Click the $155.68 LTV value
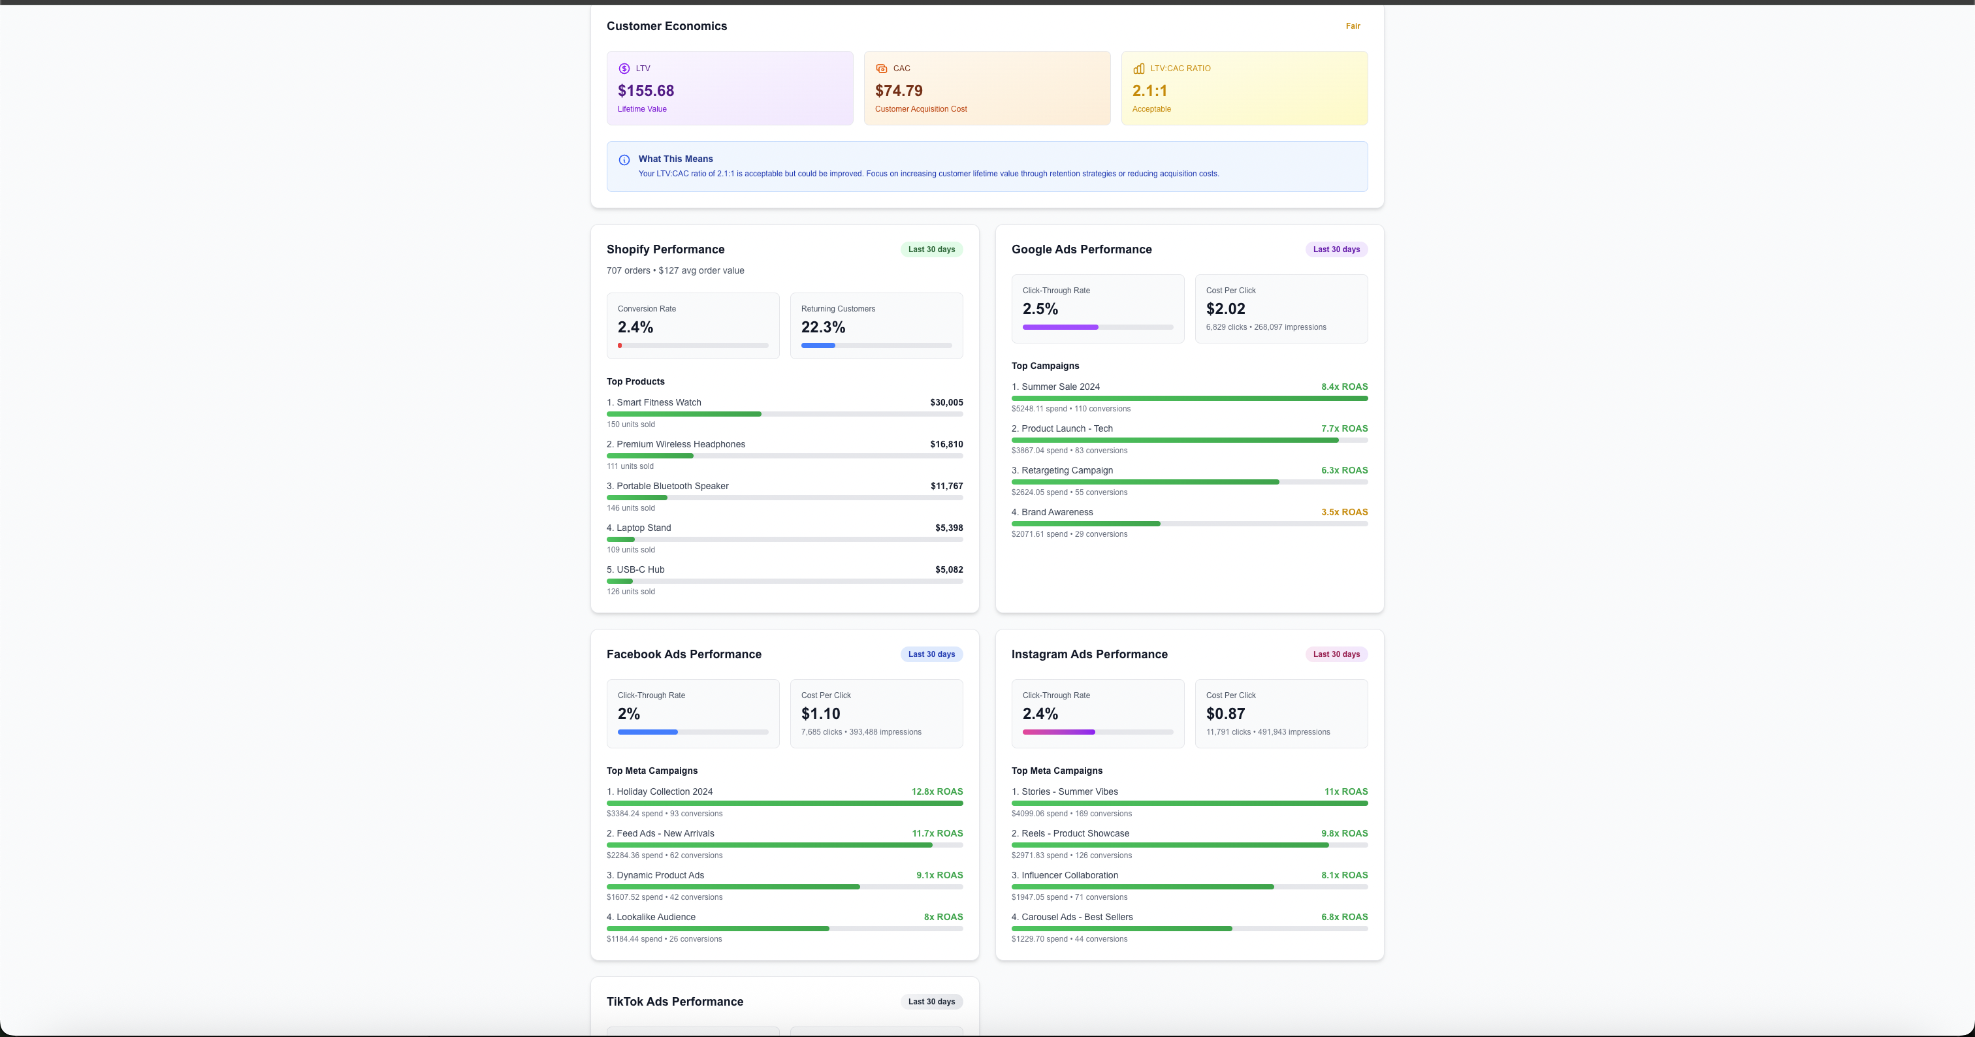(x=645, y=90)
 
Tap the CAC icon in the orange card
(x=881, y=68)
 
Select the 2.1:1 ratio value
(x=1149, y=90)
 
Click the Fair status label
(x=1353, y=26)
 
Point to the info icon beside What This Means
(x=624, y=160)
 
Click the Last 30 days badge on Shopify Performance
(x=931, y=249)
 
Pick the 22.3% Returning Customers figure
(x=823, y=327)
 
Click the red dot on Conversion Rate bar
(x=620, y=345)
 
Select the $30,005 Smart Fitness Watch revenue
(x=946, y=402)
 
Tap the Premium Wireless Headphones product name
(x=680, y=445)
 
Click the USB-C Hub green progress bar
(x=620, y=581)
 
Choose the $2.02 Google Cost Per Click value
(x=1225, y=309)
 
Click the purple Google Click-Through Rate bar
(x=1059, y=327)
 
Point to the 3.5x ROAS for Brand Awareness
(x=1344, y=512)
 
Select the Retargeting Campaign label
(x=1067, y=471)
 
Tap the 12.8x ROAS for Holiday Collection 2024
(x=937, y=791)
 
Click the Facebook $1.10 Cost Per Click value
(x=820, y=714)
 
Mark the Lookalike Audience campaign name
(x=656, y=917)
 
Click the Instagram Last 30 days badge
(x=1336, y=654)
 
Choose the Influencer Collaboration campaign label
(x=1068, y=875)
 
